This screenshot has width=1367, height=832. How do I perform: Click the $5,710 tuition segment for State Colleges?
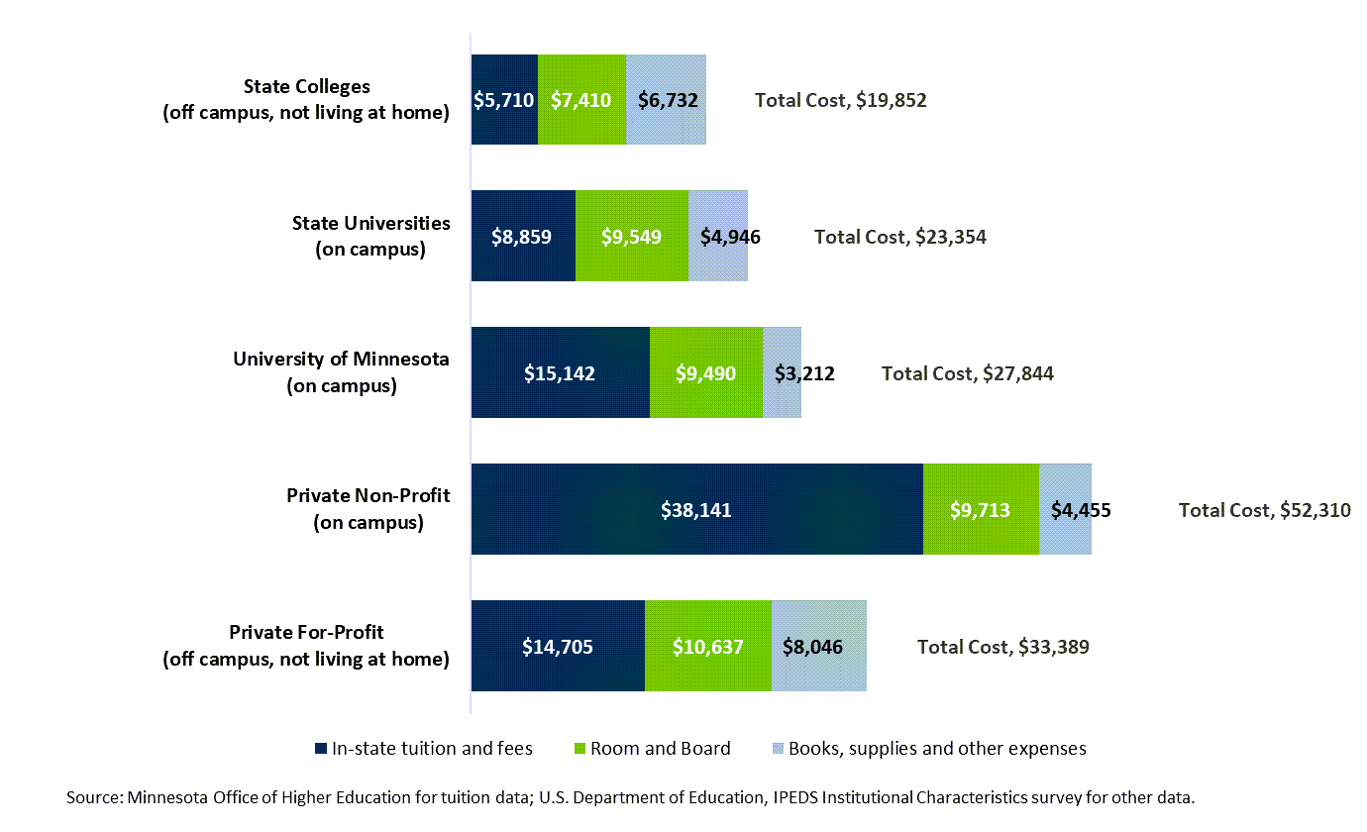point(504,100)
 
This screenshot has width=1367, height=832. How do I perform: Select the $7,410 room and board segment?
point(581,100)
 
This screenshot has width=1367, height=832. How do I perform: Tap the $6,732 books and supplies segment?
point(666,100)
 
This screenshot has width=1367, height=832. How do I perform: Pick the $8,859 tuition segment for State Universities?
point(523,237)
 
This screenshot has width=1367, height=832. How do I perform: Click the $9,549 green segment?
point(632,237)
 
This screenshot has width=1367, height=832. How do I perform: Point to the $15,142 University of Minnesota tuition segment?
point(560,373)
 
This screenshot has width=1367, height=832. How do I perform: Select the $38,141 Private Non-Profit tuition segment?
point(696,510)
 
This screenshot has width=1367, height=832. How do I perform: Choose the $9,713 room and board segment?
point(981,510)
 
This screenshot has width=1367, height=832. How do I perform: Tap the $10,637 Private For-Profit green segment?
point(707,647)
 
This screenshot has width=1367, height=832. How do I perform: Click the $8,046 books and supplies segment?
point(818,647)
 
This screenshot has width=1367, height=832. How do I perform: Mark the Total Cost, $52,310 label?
point(1264,510)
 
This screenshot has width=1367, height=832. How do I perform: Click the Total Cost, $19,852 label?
point(840,100)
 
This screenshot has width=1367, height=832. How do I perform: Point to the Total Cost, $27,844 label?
point(967,373)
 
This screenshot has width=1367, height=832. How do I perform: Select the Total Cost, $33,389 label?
point(1002,647)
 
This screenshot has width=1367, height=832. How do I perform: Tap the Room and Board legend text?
point(660,749)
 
